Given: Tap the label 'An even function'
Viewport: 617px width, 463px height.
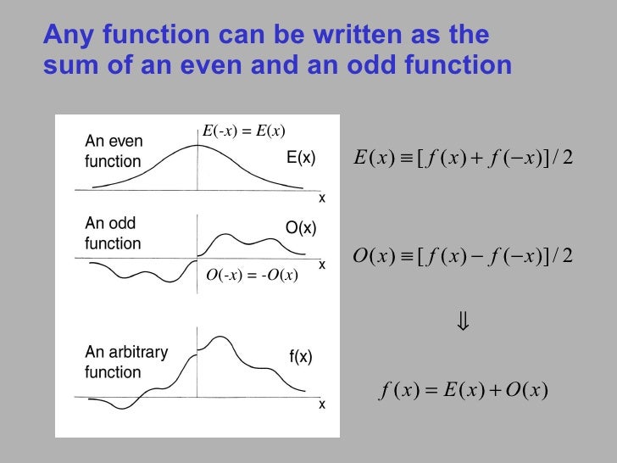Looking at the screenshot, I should (x=114, y=151).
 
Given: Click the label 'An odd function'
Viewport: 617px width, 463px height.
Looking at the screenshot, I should (x=113, y=233).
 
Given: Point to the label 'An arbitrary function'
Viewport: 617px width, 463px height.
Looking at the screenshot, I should (x=126, y=362).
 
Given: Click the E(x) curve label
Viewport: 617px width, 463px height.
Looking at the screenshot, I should (x=301, y=158).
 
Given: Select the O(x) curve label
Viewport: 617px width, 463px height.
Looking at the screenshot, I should (x=300, y=228).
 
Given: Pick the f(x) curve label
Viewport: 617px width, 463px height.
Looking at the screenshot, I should (x=301, y=357).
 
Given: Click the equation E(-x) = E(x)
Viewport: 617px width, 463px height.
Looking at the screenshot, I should (x=243, y=130).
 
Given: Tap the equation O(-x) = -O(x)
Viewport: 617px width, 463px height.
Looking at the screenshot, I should (x=252, y=274).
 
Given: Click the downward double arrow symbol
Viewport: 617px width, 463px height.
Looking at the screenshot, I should (x=463, y=323).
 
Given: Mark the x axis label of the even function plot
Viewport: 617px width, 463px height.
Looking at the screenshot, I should (x=321, y=198).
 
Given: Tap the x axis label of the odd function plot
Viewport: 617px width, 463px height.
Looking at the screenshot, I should (x=321, y=265).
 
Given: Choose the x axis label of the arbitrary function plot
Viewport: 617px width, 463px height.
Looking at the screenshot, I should (x=321, y=405).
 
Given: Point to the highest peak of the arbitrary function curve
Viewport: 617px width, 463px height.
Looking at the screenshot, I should (x=220, y=337).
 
